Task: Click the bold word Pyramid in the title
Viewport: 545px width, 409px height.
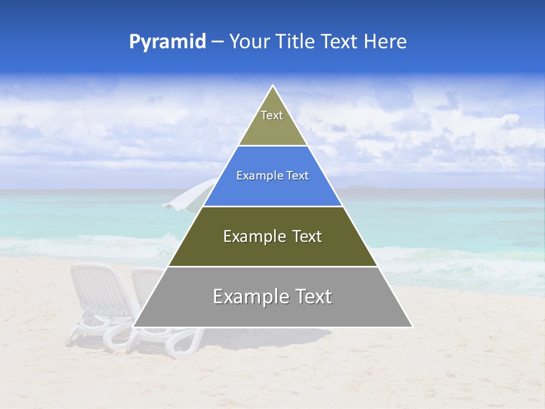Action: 167,42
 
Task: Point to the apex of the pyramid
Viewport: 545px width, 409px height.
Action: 273,86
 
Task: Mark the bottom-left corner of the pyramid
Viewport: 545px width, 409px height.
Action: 133,327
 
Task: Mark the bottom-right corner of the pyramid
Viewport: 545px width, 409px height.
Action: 412,327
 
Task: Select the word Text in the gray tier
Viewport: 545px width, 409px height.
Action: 310,297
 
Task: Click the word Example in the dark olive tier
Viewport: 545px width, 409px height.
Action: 248,236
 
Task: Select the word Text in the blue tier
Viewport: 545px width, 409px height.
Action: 297,176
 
